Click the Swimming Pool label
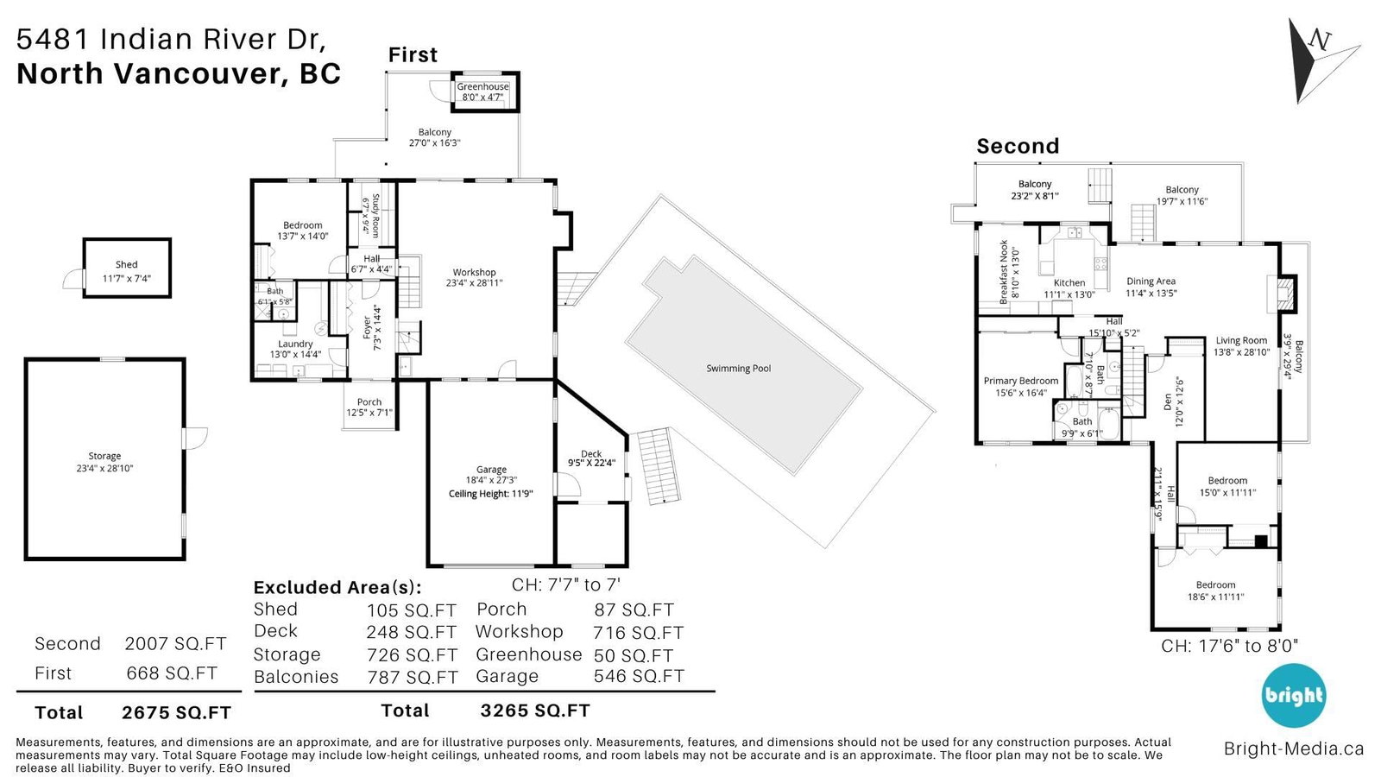[739, 369]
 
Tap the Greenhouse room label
[482, 87]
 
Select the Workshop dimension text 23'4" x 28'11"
[474, 283]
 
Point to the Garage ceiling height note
[491, 493]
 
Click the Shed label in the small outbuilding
[126, 264]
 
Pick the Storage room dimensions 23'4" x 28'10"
[104, 468]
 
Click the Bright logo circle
[1294, 696]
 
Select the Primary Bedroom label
[1021, 381]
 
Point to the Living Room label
[1241, 340]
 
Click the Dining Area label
[1151, 281]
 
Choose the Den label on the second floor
[1168, 402]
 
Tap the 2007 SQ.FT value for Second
[176, 644]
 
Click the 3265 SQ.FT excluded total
[535, 711]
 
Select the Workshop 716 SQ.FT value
[638, 633]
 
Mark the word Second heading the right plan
[1018, 146]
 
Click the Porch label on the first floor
[369, 402]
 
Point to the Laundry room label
[295, 344]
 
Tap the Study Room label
[375, 215]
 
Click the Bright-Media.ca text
[1294, 749]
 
